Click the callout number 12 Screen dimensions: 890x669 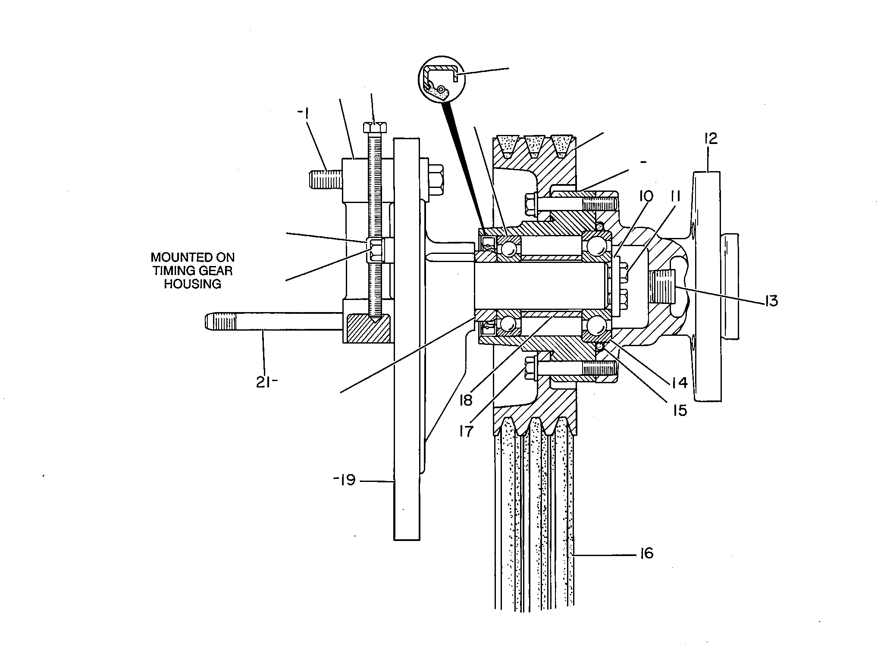coord(710,139)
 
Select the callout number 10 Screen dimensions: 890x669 coord(645,196)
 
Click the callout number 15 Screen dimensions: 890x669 coord(680,410)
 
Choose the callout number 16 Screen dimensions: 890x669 coord(645,553)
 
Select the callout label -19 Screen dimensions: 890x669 coord(344,479)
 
